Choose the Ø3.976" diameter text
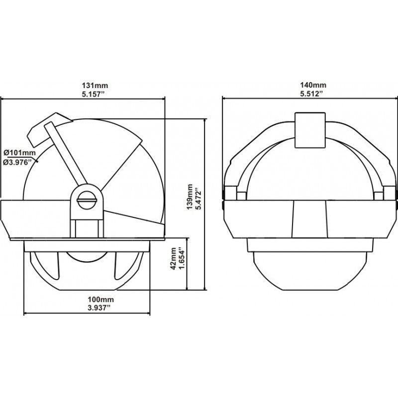19,161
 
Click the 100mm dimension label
87,300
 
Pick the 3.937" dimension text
87,308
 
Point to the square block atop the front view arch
310,130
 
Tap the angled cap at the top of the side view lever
45,125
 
